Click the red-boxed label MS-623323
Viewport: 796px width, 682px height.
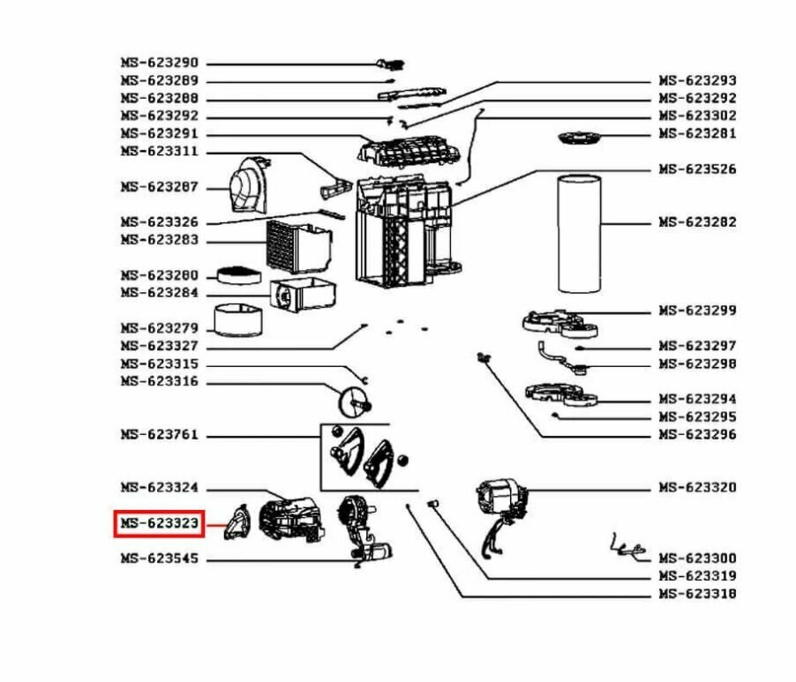160,524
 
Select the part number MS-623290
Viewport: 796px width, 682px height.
160,64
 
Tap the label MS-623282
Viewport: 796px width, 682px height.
697,222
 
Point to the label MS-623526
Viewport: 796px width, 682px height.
697,169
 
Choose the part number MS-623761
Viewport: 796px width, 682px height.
160,435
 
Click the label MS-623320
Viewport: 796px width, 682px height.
697,488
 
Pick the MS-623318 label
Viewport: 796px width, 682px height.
697,594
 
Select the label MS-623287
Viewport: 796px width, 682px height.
160,187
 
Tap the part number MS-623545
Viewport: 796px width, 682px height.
160,559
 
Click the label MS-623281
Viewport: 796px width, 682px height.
697,134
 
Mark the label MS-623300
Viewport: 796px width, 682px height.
697,558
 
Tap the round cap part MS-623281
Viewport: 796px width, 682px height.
578,137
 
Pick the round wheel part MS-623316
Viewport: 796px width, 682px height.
357,403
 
